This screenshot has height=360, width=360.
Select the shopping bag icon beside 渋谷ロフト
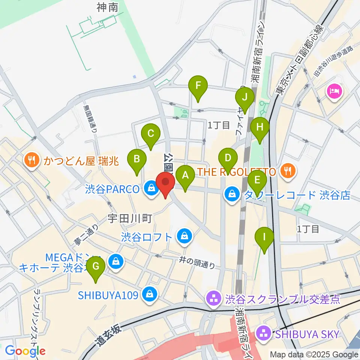pyautogui.click(x=184, y=237)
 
